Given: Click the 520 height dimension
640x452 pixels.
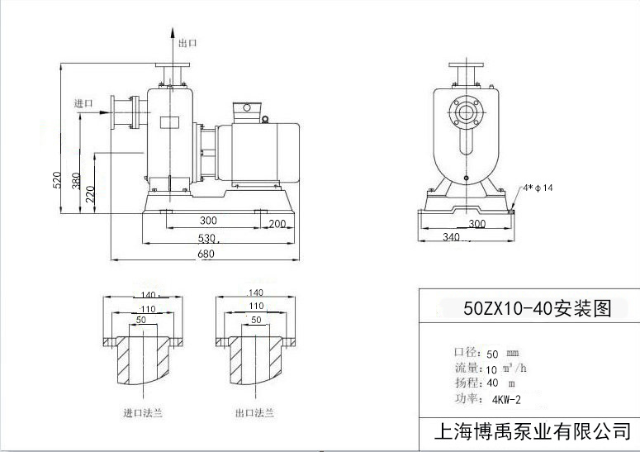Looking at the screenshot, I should point(57,180).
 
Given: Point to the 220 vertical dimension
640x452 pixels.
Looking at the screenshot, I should point(92,195).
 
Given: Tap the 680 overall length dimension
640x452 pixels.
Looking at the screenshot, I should point(206,255).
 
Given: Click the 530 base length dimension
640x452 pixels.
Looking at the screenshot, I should point(206,238).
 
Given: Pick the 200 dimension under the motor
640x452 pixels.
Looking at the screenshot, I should point(277,223).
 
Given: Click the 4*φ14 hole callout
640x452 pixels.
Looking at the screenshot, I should point(538,188).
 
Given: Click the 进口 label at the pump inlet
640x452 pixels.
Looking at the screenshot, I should point(83,103).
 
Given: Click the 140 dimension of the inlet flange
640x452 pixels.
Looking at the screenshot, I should point(149,295).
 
